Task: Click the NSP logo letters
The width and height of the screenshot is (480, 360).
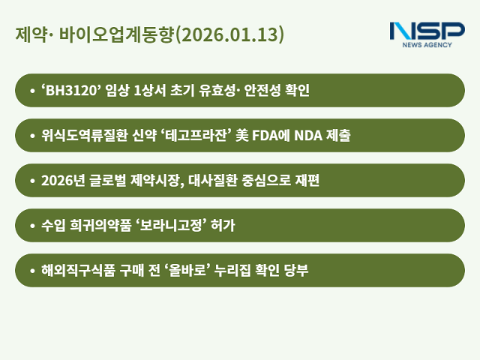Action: coord(427,31)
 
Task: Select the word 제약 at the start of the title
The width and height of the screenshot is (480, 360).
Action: coord(28,35)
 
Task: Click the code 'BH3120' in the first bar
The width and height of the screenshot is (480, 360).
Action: coord(67,91)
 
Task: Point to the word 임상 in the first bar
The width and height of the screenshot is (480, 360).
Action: coord(116,91)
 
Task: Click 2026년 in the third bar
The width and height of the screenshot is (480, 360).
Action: coord(61,181)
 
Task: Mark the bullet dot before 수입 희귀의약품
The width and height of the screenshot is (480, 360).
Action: coord(31,226)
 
